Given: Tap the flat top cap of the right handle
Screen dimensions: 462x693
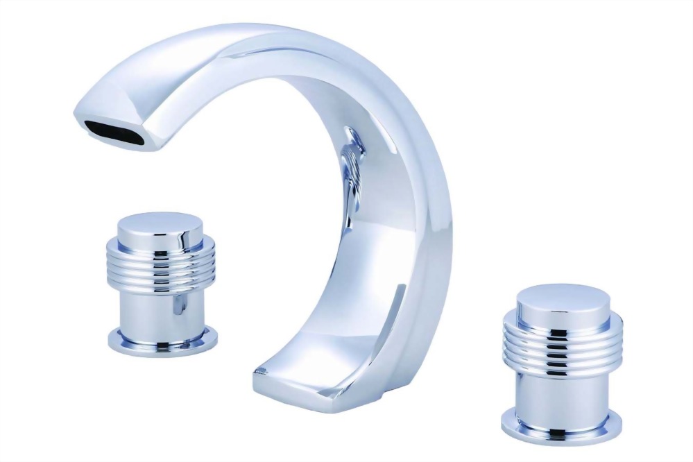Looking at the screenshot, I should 553,294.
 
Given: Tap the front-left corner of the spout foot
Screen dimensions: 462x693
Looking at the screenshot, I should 257,378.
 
